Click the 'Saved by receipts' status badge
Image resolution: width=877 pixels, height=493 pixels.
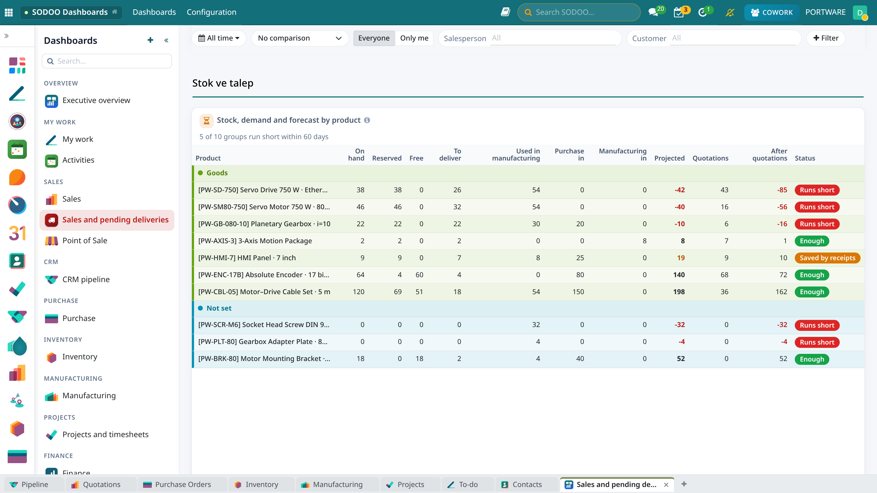827,258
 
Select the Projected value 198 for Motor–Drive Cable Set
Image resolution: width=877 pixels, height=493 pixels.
679,292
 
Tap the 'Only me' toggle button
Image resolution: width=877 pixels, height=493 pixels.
414,38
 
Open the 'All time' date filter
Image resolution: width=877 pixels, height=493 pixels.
219,38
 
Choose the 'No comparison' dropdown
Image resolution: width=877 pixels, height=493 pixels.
300,38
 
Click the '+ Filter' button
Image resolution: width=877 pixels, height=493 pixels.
825,38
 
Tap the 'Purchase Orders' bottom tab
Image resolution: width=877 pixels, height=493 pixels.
177,485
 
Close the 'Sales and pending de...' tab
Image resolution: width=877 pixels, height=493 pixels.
666,485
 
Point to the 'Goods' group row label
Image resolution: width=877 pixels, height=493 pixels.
217,173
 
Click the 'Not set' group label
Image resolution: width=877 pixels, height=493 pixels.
219,308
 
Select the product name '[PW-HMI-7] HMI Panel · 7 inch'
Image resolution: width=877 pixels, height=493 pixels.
247,258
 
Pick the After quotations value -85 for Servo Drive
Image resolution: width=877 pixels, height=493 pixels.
782,190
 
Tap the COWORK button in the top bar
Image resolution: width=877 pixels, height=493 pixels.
771,12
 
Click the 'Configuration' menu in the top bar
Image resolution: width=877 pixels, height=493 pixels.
211,12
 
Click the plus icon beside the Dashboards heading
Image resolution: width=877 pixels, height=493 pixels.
150,40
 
